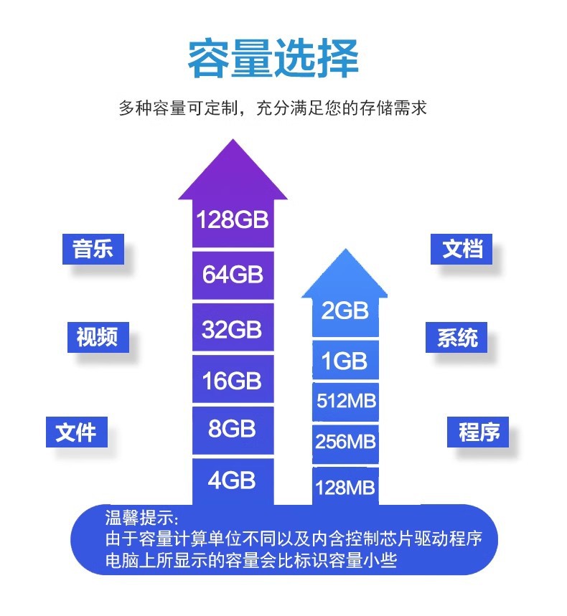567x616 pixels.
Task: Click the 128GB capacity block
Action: (x=233, y=219)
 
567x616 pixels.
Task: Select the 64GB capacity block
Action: (x=233, y=275)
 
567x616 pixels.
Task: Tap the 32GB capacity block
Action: (x=233, y=329)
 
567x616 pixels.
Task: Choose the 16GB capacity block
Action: (x=233, y=381)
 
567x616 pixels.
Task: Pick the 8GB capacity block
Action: (x=233, y=430)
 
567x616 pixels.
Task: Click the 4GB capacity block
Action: (x=233, y=480)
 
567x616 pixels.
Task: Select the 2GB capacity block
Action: (x=345, y=311)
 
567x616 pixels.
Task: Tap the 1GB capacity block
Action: (x=345, y=361)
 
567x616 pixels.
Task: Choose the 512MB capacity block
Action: (x=345, y=400)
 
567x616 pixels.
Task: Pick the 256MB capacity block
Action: (x=345, y=442)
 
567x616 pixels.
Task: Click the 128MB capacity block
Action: (x=345, y=488)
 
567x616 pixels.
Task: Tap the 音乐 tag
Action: (x=93, y=251)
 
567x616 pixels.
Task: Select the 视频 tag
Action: (x=97, y=336)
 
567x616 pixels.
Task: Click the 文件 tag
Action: (x=76, y=432)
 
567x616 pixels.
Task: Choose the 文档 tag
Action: (x=462, y=250)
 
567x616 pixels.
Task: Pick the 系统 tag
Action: (x=457, y=337)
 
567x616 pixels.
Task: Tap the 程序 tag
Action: (x=479, y=432)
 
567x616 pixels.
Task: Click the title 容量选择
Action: (x=273, y=60)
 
